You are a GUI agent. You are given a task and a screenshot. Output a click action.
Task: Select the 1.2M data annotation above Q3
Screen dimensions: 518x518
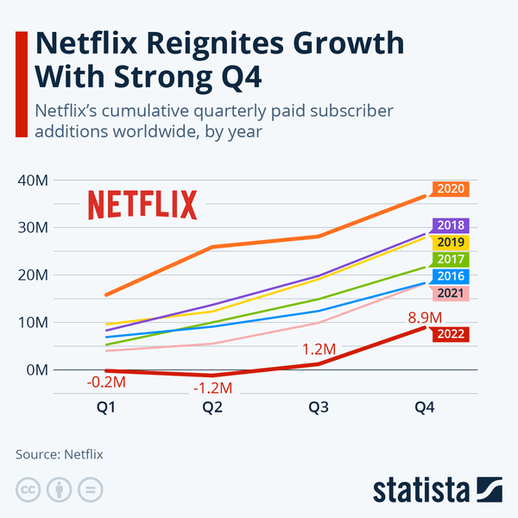coord(319,349)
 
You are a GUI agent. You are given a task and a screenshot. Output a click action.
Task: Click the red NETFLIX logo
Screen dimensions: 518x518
coord(142,205)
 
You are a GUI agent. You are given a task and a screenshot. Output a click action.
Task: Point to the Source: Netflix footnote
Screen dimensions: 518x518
coord(65,453)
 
